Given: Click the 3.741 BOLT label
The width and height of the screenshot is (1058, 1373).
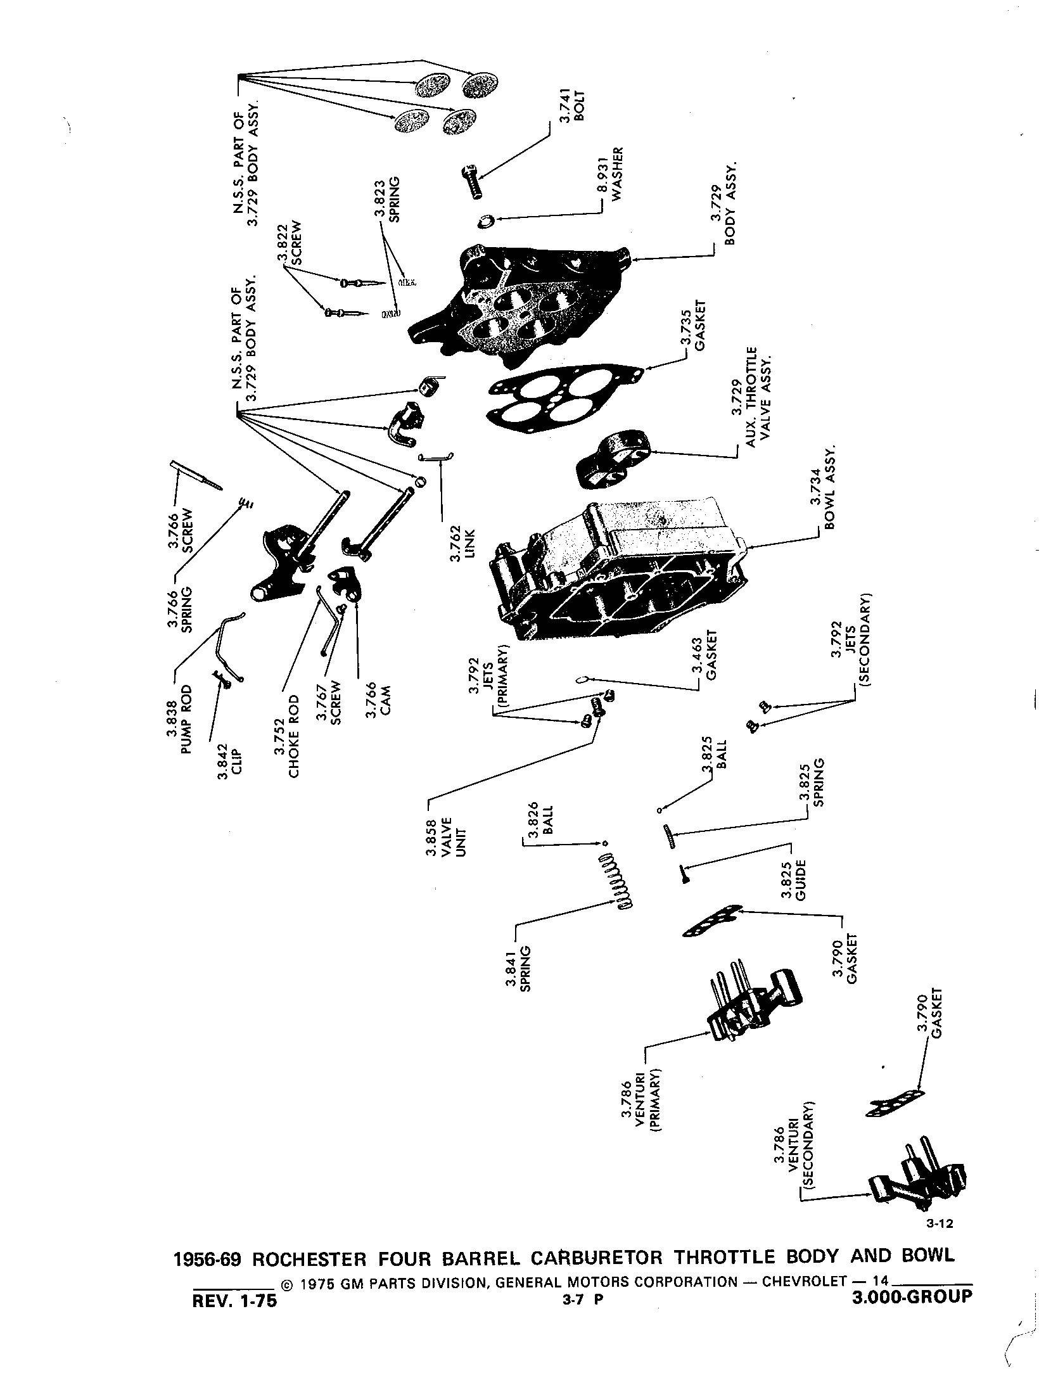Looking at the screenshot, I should [571, 105].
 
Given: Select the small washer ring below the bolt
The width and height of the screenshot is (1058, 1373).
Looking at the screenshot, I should [486, 222].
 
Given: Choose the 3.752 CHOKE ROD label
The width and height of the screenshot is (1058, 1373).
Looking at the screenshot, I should [286, 736].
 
